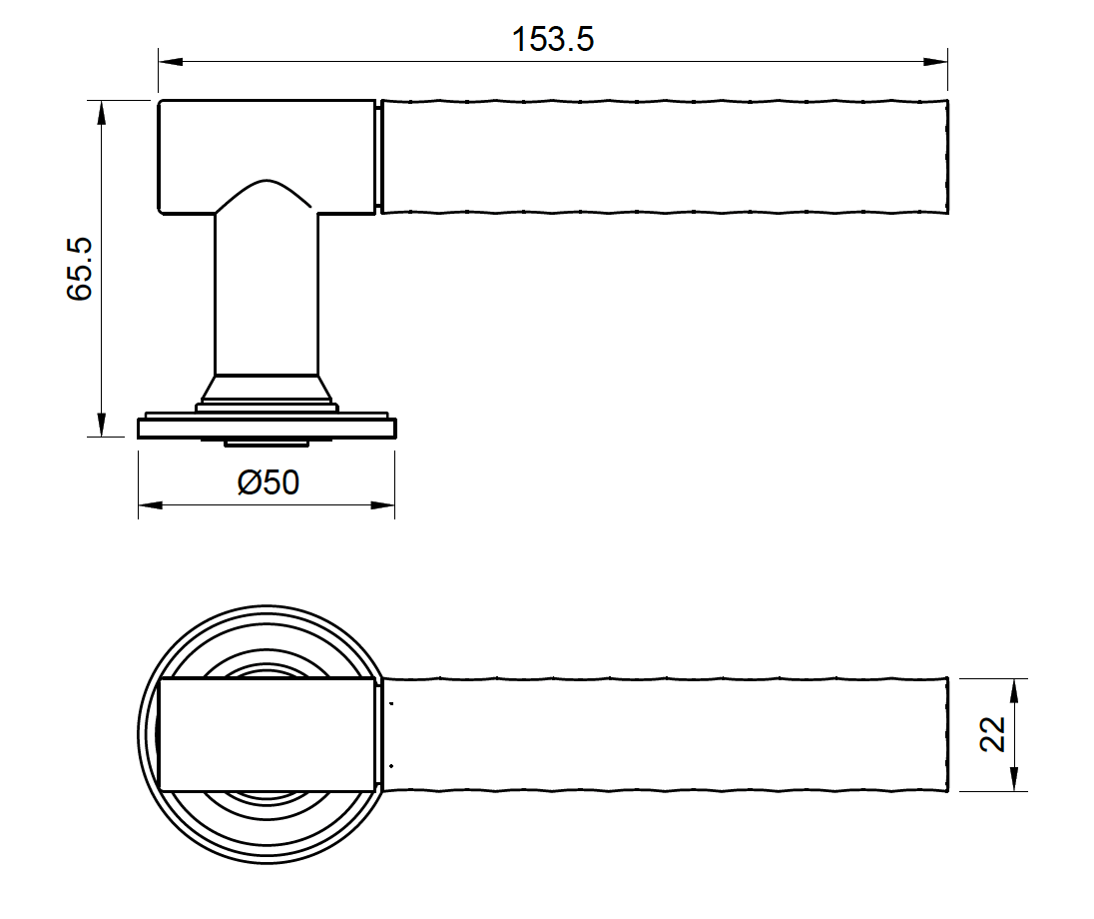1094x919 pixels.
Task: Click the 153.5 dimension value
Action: click(x=552, y=39)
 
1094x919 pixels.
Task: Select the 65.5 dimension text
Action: click(x=80, y=268)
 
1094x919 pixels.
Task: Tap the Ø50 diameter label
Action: click(x=269, y=482)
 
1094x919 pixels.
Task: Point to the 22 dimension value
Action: click(x=992, y=734)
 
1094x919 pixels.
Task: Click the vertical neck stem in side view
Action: click(x=267, y=300)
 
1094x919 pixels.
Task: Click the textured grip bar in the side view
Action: click(x=664, y=156)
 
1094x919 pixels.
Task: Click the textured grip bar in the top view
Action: click(x=664, y=735)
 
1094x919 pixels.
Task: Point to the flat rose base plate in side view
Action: click(x=267, y=429)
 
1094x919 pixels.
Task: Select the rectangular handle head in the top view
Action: click(x=267, y=734)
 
